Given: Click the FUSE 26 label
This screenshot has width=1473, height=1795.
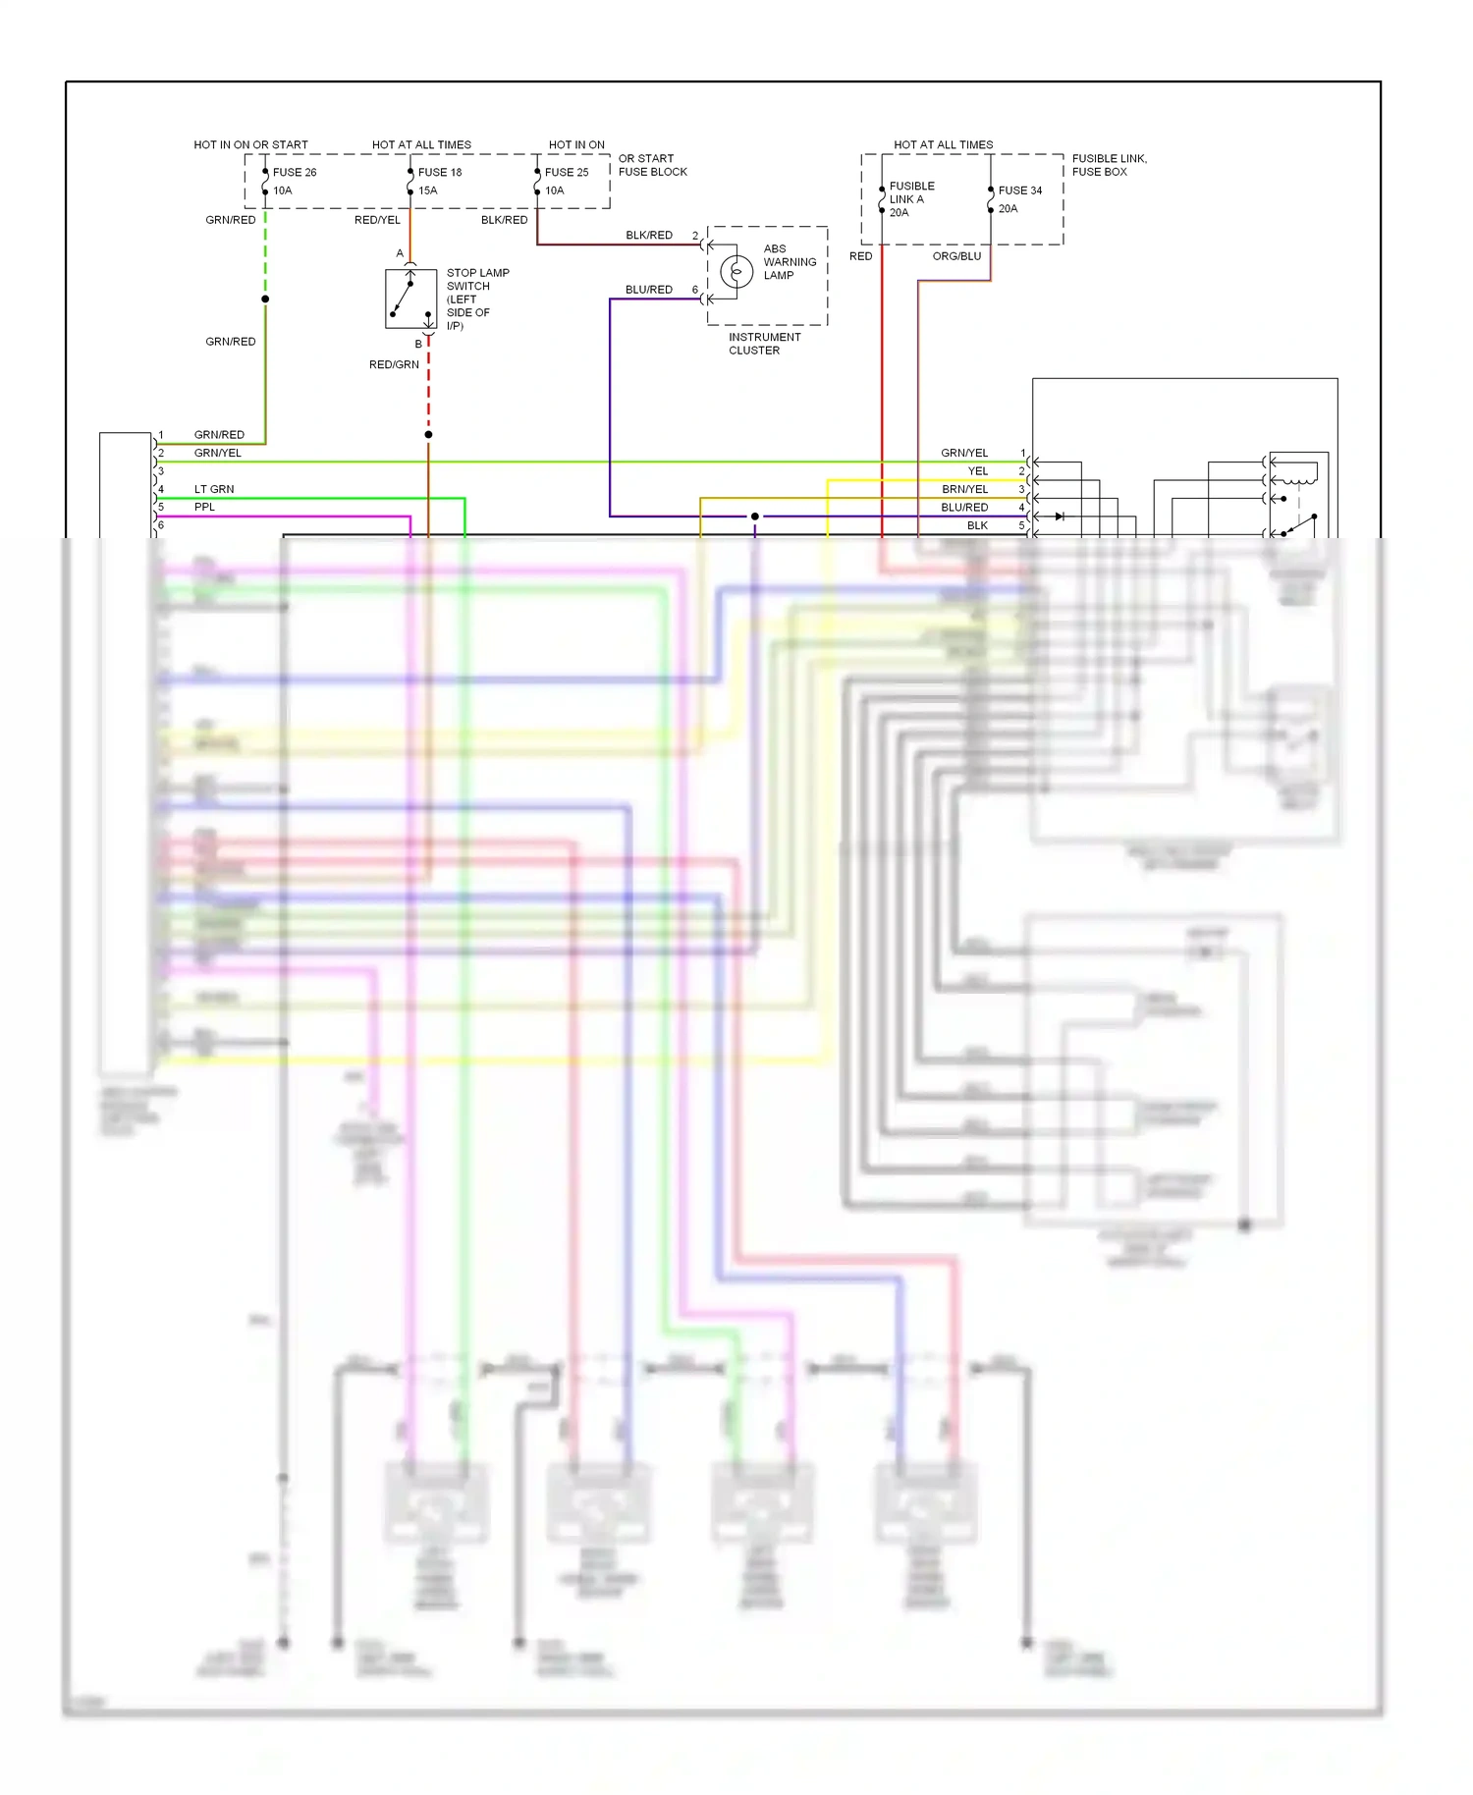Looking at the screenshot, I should point(295,172).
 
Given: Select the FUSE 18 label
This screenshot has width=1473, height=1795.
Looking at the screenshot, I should point(440,172).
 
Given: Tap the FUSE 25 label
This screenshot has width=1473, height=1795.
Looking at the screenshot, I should point(567,172).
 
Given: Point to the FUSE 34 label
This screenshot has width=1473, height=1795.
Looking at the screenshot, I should point(1020,190).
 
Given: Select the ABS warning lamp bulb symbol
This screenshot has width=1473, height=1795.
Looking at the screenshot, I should point(736,271).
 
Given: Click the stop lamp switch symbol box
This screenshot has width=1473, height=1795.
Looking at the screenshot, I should point(410,299).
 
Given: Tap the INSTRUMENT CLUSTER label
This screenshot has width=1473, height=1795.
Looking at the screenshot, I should point(764,344).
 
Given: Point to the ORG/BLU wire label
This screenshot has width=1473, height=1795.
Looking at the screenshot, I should point(956,256).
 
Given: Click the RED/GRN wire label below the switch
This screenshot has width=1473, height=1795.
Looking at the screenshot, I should point(394,364).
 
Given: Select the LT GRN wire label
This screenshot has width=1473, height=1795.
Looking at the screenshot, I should point(214,489).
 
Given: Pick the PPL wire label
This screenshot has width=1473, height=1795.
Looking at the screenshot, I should point(204,507).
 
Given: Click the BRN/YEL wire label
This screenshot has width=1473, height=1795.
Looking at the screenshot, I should point(964,489).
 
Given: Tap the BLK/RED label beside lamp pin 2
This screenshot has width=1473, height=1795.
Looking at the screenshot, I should point(649,236).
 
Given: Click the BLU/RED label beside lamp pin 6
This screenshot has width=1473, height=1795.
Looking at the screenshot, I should point(649,290).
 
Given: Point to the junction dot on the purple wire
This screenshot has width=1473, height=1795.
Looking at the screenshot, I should point(754,517).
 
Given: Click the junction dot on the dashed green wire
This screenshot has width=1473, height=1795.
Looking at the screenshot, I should point(265,299).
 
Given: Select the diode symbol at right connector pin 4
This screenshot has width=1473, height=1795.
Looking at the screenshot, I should point(1059,517).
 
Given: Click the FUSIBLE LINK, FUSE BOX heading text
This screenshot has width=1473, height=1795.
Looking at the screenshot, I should point(1109,165).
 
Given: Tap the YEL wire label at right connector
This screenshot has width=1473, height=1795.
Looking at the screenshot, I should point(977,471).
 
